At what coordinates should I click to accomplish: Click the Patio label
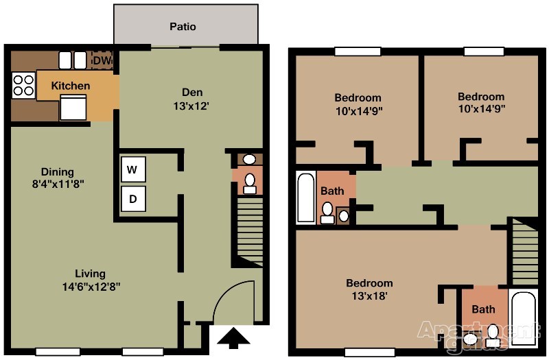183,27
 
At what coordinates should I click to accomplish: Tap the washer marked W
133,169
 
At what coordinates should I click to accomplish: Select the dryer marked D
133,199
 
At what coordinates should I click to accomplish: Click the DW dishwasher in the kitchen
102,60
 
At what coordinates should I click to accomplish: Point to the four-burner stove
23,85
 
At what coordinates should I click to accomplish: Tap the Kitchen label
71,86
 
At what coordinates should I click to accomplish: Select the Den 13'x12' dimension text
191,106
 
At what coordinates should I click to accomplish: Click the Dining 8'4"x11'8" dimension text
58,184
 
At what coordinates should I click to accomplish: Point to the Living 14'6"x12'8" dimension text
91,287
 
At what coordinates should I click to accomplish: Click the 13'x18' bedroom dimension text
369,296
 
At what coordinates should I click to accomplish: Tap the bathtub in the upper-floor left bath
306,197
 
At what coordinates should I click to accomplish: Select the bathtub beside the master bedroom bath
524,317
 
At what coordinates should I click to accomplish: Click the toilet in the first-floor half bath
250,184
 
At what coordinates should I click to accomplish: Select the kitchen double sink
73,60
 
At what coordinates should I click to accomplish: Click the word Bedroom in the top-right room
481,97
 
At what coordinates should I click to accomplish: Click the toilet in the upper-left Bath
328,213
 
